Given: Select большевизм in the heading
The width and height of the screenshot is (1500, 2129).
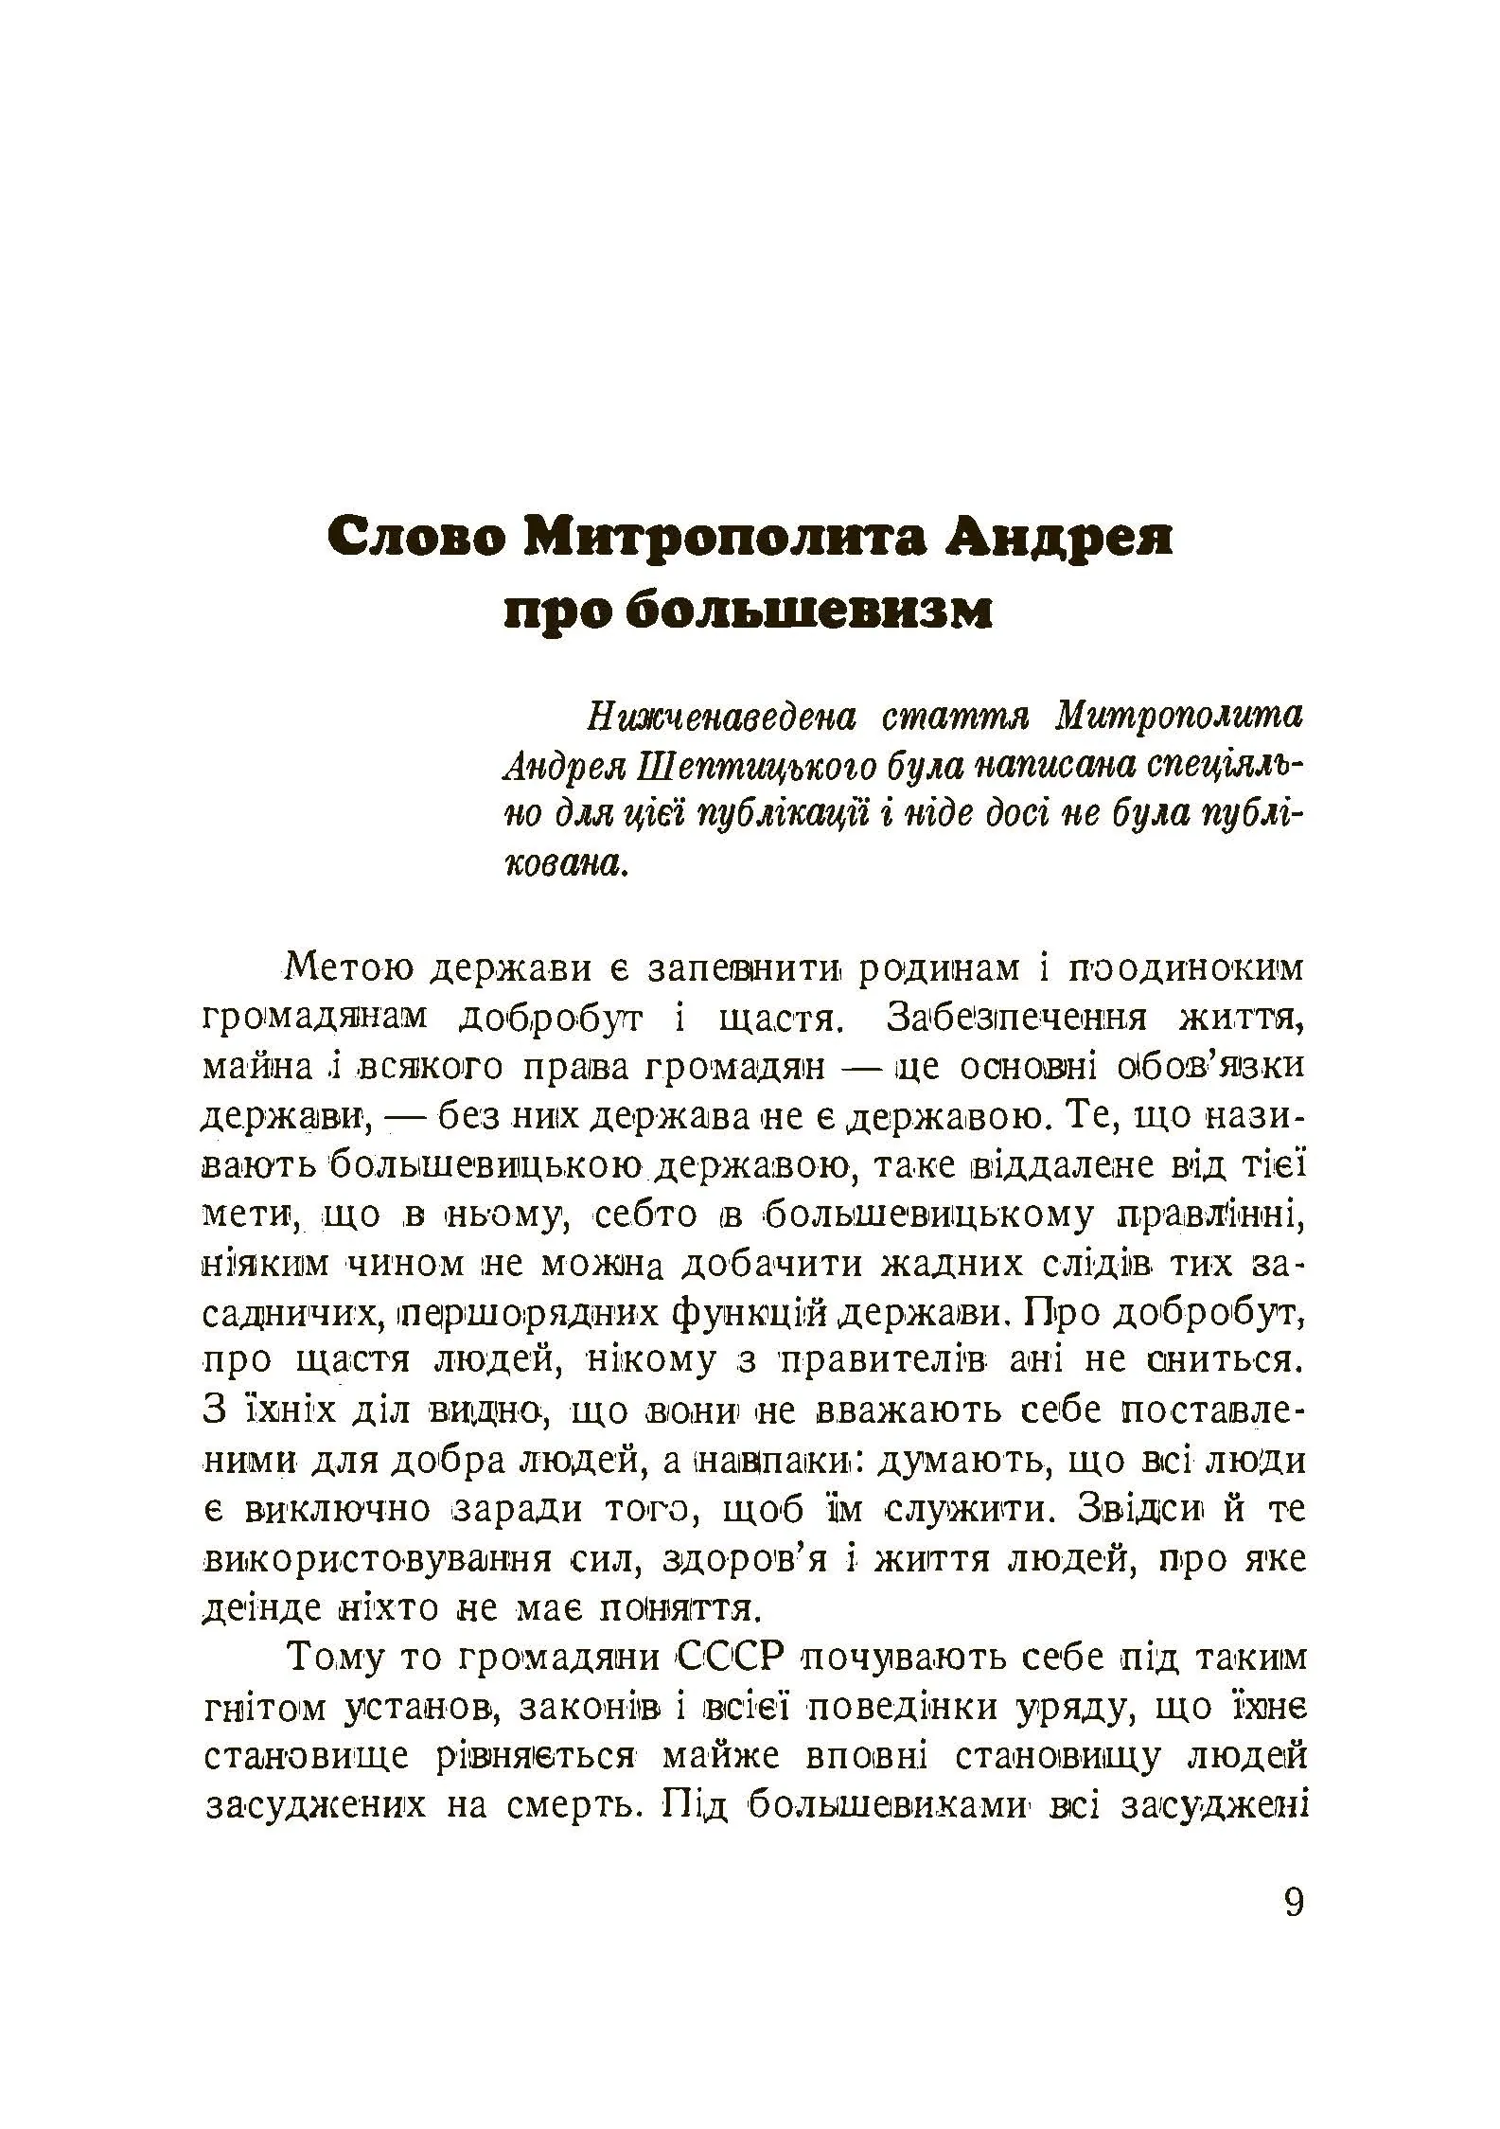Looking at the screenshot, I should point(809,612).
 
